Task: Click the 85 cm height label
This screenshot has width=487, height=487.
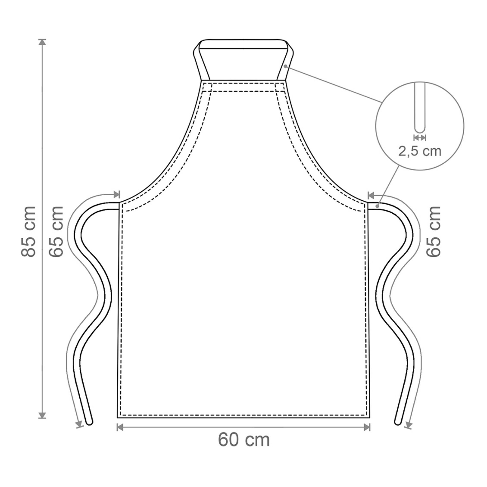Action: [28, 232]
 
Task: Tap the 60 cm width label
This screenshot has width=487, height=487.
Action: [244, 440]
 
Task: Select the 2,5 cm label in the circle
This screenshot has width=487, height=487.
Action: [420, 151]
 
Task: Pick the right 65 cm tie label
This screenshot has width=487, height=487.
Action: [433, 232]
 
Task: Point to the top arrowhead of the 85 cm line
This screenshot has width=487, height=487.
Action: [42, 42]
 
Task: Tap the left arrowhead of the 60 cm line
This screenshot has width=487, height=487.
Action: [120, 427]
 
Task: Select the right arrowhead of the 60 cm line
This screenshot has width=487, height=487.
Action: [367, 427]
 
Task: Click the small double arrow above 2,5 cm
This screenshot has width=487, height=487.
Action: [420, 138]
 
